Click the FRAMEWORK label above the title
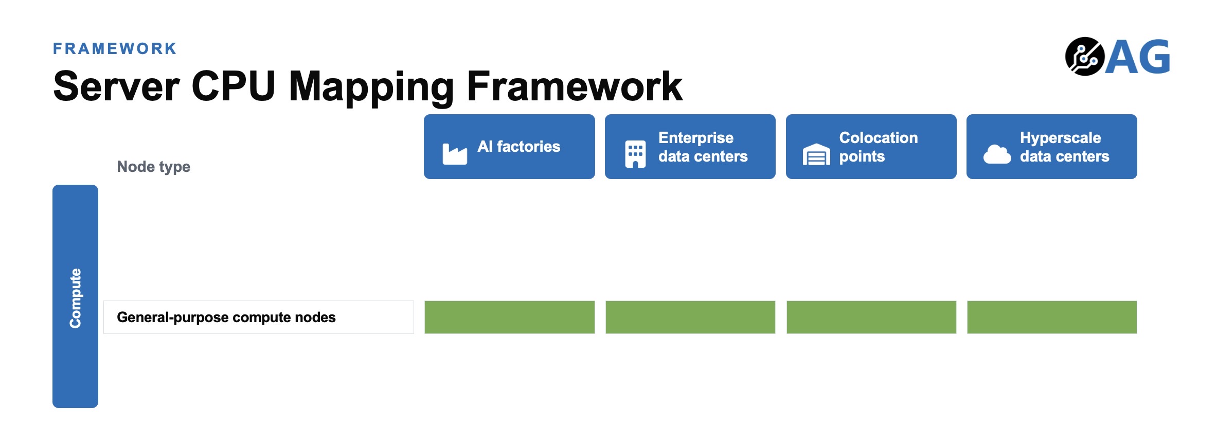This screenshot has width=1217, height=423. click(115, 48)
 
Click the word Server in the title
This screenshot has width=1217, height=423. click(117, 86)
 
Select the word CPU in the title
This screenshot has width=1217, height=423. click(233, 86)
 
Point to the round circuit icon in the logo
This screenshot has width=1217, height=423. click(1085, 57)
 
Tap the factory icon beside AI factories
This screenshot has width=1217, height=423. click(455, 154)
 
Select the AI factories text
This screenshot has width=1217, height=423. click(518, 147)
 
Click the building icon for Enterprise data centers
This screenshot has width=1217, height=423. click(635, 154)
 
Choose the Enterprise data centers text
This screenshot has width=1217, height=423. click(703, 147)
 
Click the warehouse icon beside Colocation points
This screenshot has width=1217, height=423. click(816, 154)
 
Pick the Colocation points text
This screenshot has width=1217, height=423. click(879, 147)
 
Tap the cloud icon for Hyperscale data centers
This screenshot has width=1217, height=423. click(997, 154)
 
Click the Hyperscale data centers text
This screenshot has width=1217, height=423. click(1065, 147)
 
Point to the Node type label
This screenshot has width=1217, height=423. click(153, 167)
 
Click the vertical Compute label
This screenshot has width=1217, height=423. click(76, 298)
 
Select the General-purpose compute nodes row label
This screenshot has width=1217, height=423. click(226, 317)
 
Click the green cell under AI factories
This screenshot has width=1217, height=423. click(509, 317)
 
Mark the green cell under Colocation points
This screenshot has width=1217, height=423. click(871, 317)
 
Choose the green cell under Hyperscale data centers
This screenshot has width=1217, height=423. click(1052, 317)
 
